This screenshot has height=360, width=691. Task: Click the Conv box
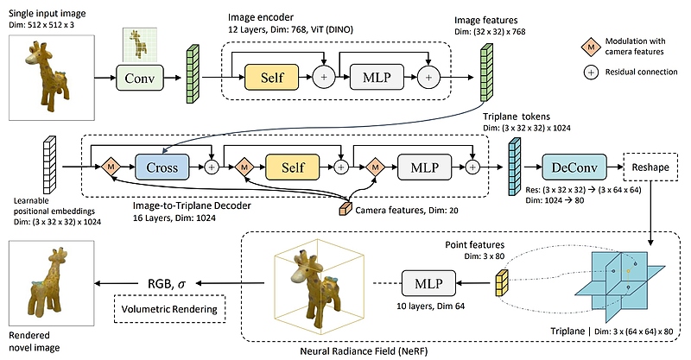click(140, 79)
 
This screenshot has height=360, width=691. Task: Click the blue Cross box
click(163, 165)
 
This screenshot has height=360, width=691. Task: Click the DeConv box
click(572, 165)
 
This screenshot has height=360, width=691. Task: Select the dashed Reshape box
click(650, 165)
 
